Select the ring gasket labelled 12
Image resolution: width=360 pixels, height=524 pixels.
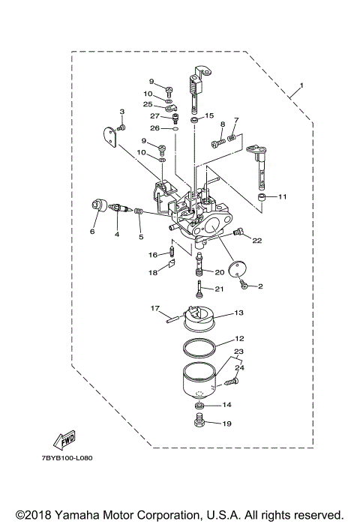click(199, 347)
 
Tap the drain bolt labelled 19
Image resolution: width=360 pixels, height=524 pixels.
click(199, 424)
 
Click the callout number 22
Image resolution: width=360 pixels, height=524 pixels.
click(256, 241)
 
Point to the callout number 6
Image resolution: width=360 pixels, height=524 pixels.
click(93, 232)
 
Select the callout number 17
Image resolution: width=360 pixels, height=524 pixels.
click(154, 308)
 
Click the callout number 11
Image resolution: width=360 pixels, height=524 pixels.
click(283, 197)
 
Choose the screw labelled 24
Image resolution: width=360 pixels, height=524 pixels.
click(230, 382)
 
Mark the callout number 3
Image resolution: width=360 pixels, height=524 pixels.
click(121, 112)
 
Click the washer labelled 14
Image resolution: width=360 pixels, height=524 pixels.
click(199, 406)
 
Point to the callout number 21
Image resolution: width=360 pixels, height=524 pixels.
click(220, 289)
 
